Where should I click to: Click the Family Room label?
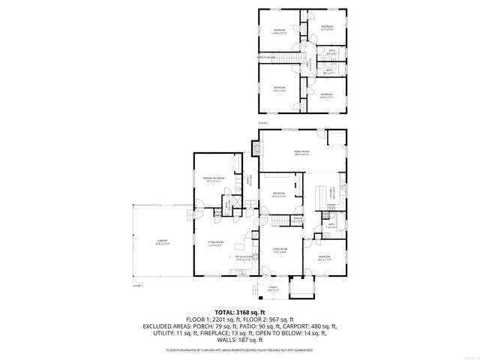tap(302, 153)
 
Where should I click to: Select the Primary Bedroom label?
tap(213, 179)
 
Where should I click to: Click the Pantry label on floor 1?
tap(297, 220)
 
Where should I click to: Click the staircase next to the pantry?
tap(279, 220)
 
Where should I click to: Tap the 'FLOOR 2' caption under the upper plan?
tap(262, 122)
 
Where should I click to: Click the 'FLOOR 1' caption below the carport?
tap(137, 286)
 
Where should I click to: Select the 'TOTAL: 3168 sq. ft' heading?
tap(240, 312)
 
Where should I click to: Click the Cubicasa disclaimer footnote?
tap(240, 349)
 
